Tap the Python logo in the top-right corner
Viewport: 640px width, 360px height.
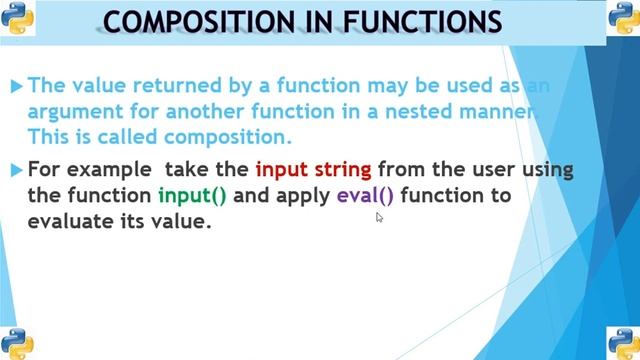[621, 19]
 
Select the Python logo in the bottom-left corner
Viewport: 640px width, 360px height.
[19, 341]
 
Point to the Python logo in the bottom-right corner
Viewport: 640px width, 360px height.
[621, 341]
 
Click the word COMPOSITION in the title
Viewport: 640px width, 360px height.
[201, 22]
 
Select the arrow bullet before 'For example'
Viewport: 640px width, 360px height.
[16, 171]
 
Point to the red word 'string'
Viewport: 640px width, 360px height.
[342, 169]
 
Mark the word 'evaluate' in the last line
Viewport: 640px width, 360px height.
[71, 222]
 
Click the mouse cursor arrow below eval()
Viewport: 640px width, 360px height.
[380, 216]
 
